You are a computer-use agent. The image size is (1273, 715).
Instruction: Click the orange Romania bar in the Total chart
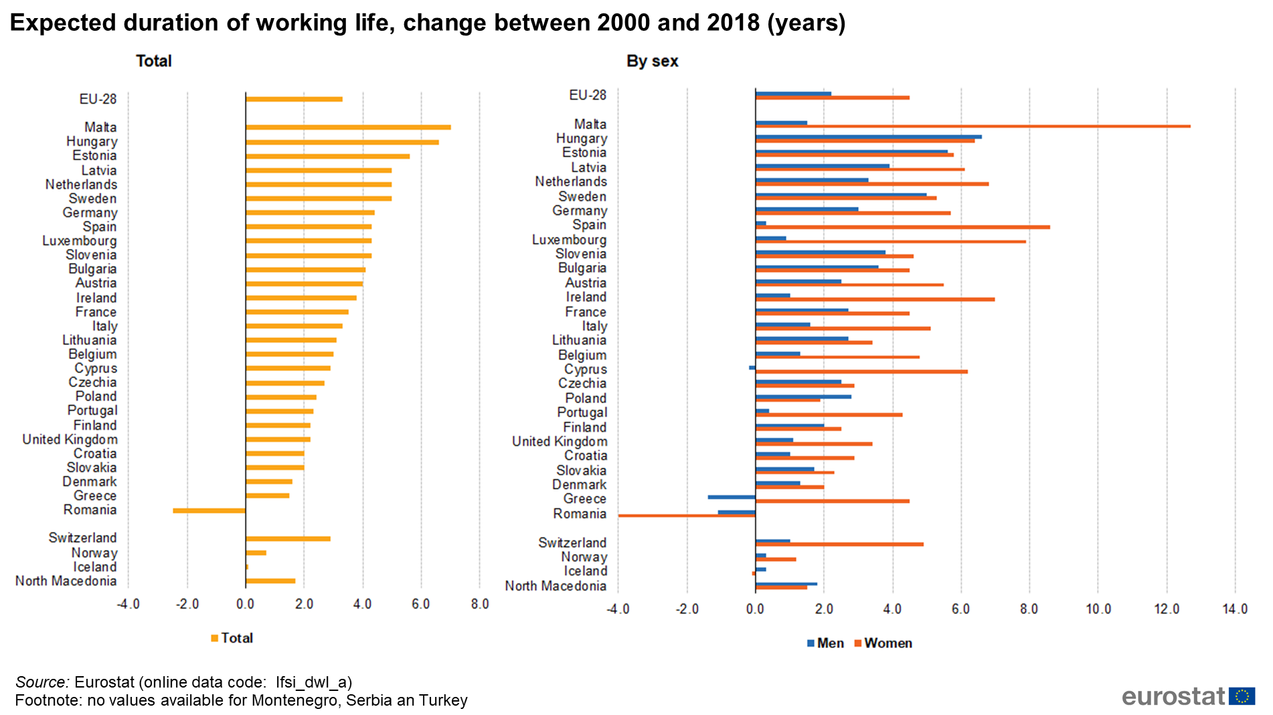[209, 511]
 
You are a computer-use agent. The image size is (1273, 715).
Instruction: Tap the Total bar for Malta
[348, 127]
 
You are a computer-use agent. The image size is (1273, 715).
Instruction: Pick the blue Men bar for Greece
[732, 497]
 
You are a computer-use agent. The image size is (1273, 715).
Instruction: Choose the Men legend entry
[826, 643]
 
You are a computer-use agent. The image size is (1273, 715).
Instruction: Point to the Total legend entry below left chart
[232, 638]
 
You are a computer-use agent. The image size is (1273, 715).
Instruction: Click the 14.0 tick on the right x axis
[1235, 609]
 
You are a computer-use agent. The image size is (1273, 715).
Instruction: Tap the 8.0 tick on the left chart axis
[480, 605]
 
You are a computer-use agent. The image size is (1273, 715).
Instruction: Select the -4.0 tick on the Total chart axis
[128, 605]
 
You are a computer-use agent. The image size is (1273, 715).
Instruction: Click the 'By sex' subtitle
[652, 62]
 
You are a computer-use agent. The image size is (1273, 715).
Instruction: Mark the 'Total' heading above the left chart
[154, 62]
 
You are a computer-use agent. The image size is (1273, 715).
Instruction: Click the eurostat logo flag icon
[1242, 696]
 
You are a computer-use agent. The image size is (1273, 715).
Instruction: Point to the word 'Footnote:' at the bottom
[49, 700]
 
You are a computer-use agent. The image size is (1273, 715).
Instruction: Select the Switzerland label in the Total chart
[82, 538]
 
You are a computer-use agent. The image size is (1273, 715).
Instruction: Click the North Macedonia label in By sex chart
[556, 586]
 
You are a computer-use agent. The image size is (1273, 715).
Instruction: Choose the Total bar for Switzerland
[288, 539]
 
